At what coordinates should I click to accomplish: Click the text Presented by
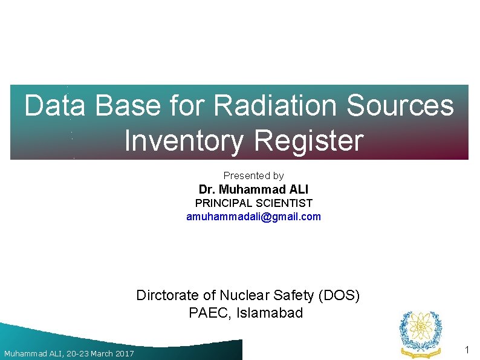[253, 175]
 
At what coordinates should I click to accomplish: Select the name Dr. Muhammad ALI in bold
[253, 190]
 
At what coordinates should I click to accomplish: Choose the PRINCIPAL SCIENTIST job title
[253, 203]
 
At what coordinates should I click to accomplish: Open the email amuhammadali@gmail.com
[253, 217]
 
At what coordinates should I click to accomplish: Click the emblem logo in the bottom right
[421, 333]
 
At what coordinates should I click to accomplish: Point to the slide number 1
[467, 350]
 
